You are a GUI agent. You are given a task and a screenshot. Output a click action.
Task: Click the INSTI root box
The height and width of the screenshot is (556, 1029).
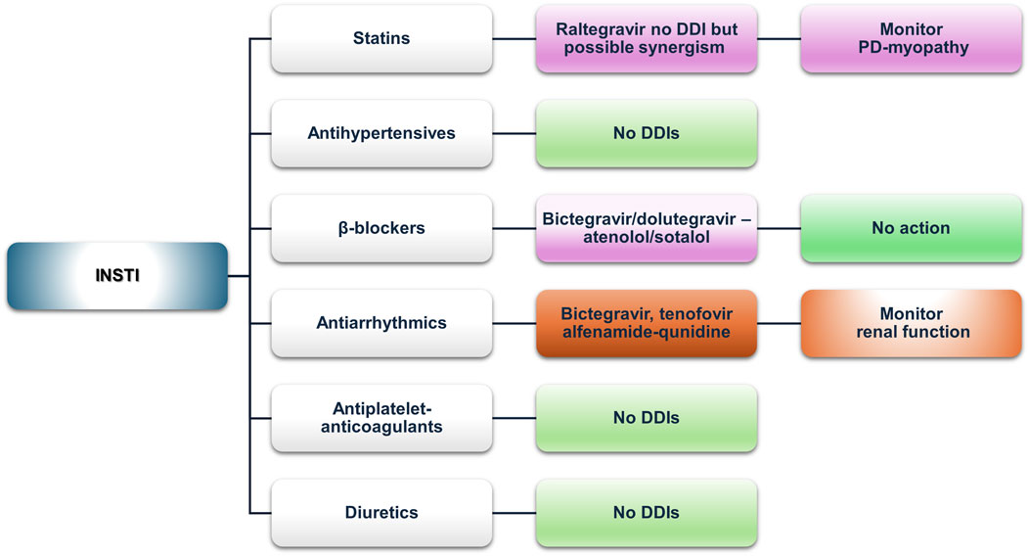[x=116, y=276]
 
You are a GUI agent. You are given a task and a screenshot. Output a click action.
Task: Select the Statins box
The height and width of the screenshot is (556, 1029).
[x=380, y=39]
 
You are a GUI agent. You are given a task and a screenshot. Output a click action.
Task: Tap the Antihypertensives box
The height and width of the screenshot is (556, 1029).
[x=380, y=133]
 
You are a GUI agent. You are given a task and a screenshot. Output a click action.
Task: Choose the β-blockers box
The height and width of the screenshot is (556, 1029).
[x=380, y=228]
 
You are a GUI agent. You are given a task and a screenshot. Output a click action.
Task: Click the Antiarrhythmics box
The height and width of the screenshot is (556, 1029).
[x=380, y=323]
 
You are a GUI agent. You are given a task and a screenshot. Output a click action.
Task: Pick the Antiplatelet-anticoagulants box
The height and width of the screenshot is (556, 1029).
[x=380, y=418]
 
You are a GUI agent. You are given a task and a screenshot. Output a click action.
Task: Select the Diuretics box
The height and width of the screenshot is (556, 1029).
[x=380, y=512]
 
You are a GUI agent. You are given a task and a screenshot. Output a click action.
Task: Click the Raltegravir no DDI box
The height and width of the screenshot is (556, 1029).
[x=646, y=39]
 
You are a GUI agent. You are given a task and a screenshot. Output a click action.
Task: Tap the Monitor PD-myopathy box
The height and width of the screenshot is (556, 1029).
[x=910, y=39]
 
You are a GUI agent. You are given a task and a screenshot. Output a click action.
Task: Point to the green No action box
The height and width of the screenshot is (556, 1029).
[x=910, y=228]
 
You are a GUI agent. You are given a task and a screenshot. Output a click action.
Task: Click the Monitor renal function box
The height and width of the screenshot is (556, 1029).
[x=910, y=323]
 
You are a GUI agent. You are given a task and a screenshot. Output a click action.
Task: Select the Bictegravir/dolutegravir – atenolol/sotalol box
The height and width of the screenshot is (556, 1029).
[x=646, y=228]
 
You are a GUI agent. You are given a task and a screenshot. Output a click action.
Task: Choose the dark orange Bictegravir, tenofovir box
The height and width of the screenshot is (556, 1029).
[x=646, y=323]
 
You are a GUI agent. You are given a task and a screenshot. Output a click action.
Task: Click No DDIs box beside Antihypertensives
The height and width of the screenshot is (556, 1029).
[x=646, y=133]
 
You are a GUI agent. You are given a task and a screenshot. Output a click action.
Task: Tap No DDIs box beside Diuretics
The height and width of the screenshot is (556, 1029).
[x=646, y=512]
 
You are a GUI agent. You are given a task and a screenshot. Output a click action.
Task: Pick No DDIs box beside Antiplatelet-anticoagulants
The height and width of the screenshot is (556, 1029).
[x=646, y=418]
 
